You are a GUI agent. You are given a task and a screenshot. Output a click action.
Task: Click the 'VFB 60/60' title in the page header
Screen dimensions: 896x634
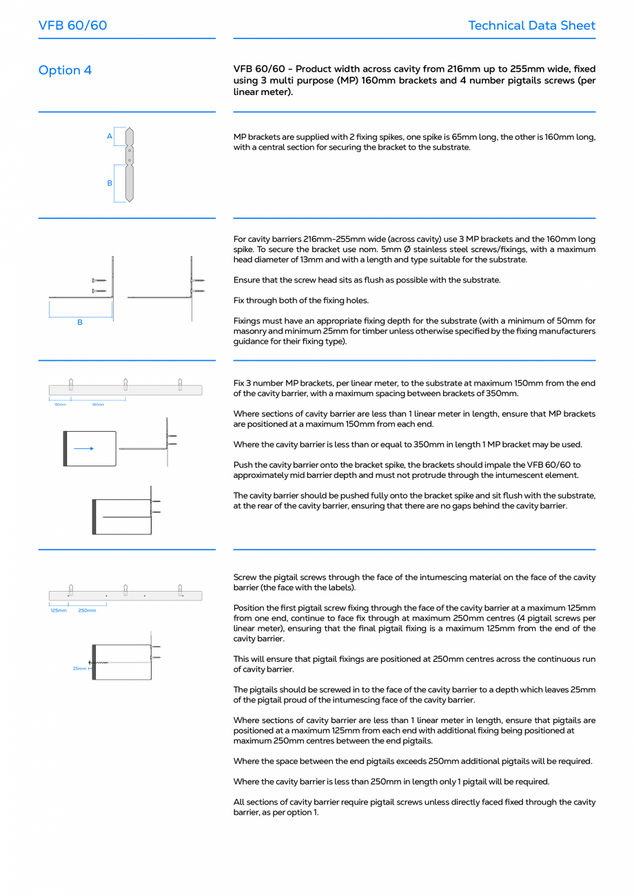coord(72,25)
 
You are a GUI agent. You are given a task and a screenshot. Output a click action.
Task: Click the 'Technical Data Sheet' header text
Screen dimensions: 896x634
coord(531,25)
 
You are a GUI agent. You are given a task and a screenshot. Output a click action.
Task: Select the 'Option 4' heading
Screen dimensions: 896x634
coord(65,70)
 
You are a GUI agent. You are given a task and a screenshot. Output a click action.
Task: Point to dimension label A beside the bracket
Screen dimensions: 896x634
coord(109,136)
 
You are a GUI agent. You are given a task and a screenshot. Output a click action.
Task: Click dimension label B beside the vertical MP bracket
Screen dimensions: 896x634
coord(109,183)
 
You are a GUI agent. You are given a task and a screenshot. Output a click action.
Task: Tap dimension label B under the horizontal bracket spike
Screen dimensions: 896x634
coord(80,322)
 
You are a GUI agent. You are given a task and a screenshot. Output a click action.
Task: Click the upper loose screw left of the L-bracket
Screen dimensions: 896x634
coord(99,280)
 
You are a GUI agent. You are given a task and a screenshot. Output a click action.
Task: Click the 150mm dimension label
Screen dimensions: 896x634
coord(60,404)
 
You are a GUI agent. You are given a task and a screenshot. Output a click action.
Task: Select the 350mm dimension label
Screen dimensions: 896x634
coord(98,404)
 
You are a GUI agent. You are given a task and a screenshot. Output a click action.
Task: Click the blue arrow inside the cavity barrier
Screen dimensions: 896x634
coord(83,448)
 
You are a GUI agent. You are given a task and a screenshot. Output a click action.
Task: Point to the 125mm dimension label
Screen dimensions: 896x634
coord(59,610)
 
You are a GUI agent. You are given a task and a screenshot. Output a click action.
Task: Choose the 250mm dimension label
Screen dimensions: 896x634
coord(87,610)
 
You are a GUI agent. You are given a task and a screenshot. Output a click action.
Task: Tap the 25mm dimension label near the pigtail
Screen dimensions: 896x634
coord(79,668)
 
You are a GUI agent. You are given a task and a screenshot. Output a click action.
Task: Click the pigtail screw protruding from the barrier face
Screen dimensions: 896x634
coord(99,663)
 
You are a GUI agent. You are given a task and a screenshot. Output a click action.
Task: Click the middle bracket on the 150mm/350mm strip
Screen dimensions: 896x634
coord(125,384)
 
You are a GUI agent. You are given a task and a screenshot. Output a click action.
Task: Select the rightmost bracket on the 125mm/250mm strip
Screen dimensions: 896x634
coord(180,590)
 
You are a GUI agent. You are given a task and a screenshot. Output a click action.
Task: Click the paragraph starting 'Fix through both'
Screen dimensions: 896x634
coord(301,300)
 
